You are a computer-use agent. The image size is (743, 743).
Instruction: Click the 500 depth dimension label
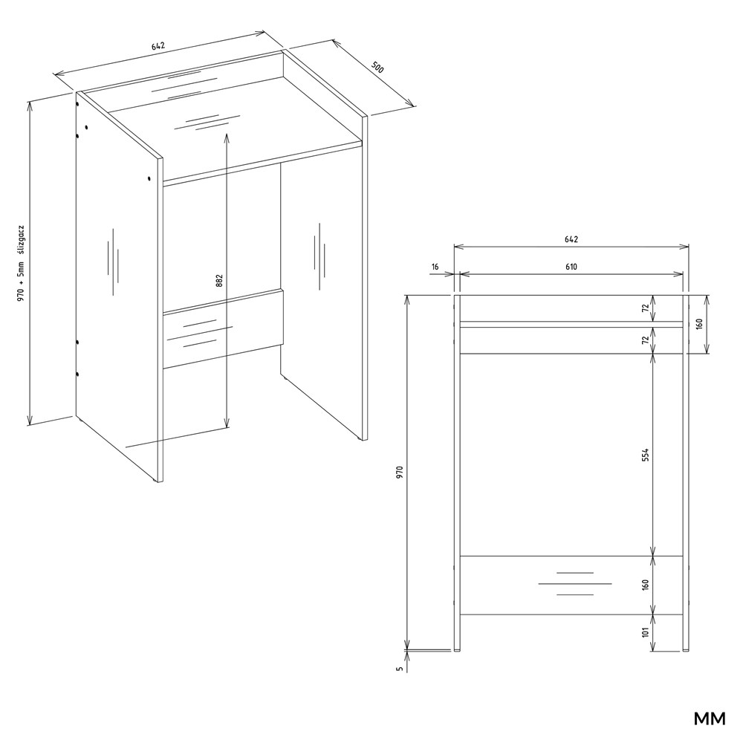pyautogui.click(x=377, y=68)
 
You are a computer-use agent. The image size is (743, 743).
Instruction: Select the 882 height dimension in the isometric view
pyautogui.click(x=219, y=281)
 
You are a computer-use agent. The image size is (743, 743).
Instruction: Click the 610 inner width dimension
pyautogui.click(x=571, y=267)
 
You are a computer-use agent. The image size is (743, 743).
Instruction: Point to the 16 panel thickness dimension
pyautogui.click(x=435, y=267)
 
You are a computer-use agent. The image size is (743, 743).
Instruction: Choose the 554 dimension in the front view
pyautogui.click(x=645, y=455)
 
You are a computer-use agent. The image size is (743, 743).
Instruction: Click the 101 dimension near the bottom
pyautogui.click(x=645, y=632)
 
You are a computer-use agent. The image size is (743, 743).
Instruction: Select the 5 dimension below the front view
pyautogui.click(x=400, y=669)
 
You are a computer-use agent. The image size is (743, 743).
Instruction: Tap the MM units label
pyautogui.click(x=710, y=718)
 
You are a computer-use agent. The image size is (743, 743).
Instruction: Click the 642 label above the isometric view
pyautogui.click(x=158, y=46)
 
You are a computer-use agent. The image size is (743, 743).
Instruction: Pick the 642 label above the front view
pyautogui.click(x=571, y=239)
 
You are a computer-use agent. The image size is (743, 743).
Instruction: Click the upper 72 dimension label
pyautogui.click(x=645, y=308)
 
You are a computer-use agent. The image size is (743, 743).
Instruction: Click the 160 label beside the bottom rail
pyautogui.click(x=645, y=585)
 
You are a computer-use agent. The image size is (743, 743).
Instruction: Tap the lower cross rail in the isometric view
pyautogui.click(x=223, y=329)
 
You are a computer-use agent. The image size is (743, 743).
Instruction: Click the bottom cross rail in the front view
pyautogui.click(x=571, y=585)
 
